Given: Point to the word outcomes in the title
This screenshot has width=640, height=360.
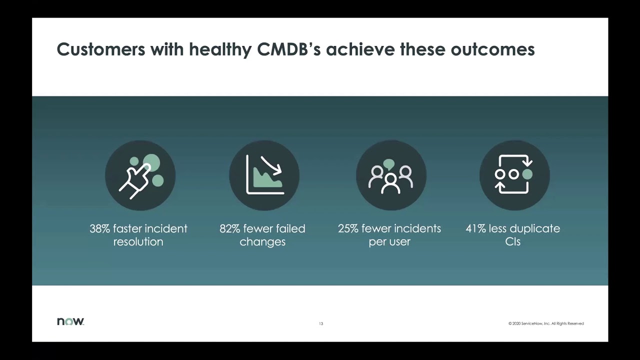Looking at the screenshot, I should click(x=493, y=49).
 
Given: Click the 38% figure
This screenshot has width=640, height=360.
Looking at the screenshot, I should click(x=100, y=228).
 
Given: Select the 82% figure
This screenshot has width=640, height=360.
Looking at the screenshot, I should click(x=230, y=228).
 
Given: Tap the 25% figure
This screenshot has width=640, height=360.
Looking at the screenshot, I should click(x=348, y=228).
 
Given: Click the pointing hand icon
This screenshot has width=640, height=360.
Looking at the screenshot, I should click(x=140, y=175).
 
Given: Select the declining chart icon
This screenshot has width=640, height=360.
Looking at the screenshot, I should click(x=264, y=175).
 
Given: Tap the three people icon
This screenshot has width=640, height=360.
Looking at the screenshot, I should click(x=390, y=175).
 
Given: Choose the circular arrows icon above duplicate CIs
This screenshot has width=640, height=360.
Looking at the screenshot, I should click(x=514, y=175).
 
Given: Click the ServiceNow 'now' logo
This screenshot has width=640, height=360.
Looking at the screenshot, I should click(x=70, y=321).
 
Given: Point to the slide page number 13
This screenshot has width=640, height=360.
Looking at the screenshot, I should click(x=321, y=324).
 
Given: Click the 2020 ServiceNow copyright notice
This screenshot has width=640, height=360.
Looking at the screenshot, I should click(x=546, y=324).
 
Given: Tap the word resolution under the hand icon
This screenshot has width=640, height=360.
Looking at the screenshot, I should click(x=138, y=242).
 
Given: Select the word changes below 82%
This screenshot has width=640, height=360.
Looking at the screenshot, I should click(x=262, y=242).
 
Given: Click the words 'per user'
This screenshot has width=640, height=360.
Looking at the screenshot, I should click(x=389, y=242).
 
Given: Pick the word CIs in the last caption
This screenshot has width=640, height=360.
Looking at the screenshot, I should click(x=513, y=242).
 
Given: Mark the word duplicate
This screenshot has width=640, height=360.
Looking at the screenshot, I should click(x=536, y=228).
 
